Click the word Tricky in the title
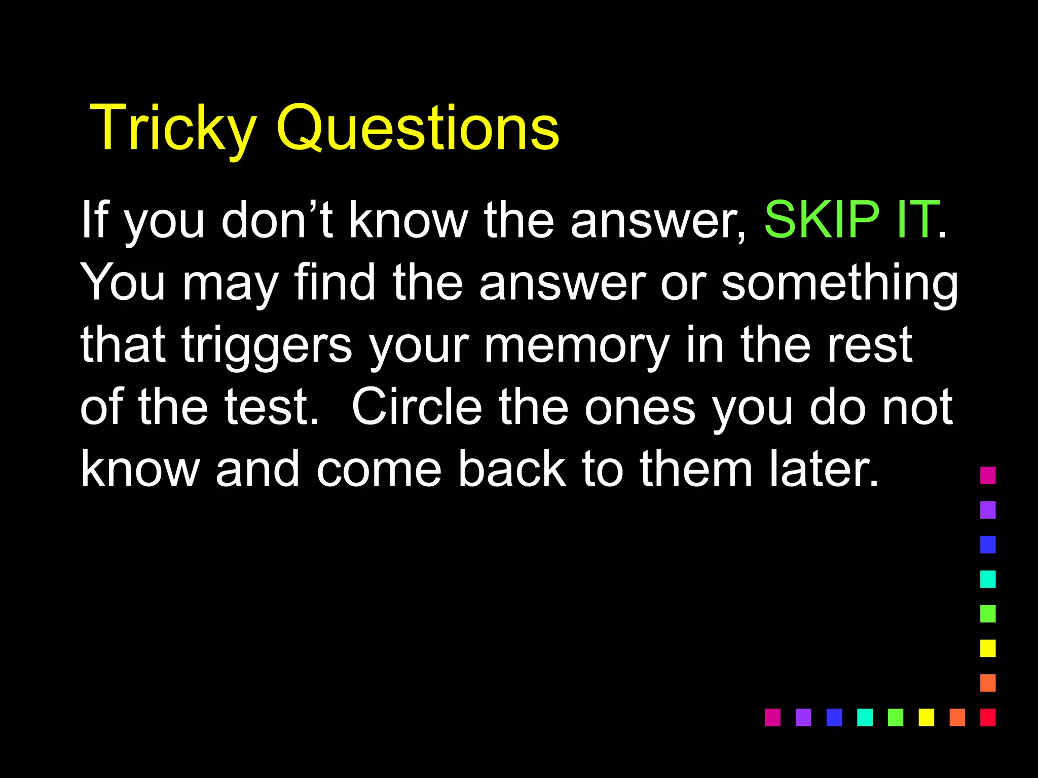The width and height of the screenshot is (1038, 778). click(x=172, y=128)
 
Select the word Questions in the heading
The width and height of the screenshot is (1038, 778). click(x=417, y=128)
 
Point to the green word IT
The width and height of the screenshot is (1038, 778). click(x=916, y=219)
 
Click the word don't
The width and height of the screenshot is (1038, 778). click(x=277, y=219)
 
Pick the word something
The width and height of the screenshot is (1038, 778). click(x=839, y=283)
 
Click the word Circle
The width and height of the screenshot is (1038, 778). click(x=417, y=407)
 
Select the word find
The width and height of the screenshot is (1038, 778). click(x=335, y=282)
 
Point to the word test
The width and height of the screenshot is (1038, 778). click(x=272, y=407)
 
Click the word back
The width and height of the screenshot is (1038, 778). click(x=512, y=470)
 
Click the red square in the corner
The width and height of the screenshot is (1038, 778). click(x=988, y=717)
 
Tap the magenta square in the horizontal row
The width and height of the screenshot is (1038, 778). click(x=772, y=717)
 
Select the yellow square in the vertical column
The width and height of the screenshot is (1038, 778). click(x=988, y=648)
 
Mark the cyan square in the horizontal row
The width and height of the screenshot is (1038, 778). click(x=865, y=717)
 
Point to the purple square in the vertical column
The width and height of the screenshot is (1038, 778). click(x=988, y=510)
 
